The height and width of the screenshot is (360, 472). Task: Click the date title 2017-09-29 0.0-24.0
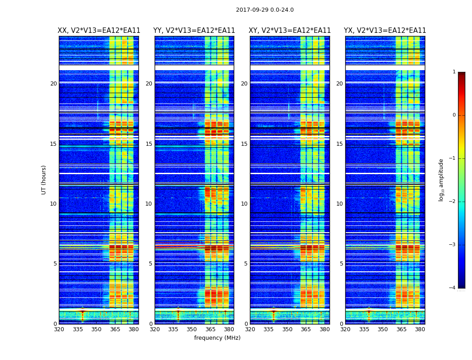[265, 10]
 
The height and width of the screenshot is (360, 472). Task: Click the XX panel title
[99, 31]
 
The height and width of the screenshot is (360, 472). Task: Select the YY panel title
[194, 31]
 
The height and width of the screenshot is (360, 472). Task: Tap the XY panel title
[289, 31]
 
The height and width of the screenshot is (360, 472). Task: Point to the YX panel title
[385, 31]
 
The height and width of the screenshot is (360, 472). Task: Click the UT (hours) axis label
[44, 180]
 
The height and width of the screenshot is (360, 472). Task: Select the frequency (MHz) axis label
[217, 338]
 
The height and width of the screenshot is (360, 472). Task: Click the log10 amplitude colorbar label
[441, 180]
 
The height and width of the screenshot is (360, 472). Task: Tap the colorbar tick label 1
[454, 72]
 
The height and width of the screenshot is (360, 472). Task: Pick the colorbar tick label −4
[453, 288]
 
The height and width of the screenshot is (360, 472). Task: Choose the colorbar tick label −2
[453, 202]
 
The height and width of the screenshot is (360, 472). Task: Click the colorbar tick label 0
[454, 115]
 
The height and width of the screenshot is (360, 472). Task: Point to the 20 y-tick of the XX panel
[53, 84]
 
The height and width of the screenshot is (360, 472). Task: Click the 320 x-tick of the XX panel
[59, 329]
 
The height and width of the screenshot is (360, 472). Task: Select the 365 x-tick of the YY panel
[210, 329]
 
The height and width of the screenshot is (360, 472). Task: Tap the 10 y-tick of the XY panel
[245, 204]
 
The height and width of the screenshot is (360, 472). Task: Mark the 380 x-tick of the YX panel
[420, 329]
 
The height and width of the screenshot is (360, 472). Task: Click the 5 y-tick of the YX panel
[342, 264]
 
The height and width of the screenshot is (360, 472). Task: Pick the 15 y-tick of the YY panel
[149, 144]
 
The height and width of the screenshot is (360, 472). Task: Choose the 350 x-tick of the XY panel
[287, 329]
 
